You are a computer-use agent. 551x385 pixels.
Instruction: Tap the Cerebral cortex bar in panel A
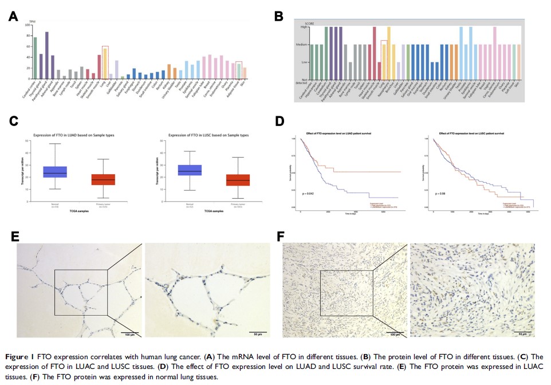pos(35,58)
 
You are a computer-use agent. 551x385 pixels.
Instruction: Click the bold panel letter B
pos(279,17)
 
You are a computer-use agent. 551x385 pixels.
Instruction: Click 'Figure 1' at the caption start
pos(19,356)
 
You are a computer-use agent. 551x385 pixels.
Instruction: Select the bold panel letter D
pos(279,122)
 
